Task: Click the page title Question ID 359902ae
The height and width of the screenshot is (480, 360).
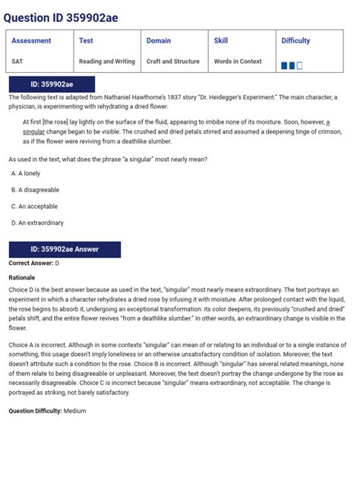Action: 61,17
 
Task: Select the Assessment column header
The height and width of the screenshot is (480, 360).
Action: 31,41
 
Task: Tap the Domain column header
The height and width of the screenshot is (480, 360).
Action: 159,41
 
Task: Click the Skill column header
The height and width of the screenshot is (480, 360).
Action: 221,41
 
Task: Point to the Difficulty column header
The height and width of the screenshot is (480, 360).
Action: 295,41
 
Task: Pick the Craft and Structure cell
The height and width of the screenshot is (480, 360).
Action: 173,62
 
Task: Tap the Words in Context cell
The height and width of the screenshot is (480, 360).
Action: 238,62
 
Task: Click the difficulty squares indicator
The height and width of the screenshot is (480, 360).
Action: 292,66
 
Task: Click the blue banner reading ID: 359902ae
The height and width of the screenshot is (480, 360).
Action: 52,84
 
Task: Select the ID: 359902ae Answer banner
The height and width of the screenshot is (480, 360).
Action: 65,249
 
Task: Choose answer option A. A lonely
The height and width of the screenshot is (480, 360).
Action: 26,174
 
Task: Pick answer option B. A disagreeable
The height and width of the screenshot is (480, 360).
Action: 35,190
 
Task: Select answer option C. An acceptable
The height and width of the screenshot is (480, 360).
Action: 34,206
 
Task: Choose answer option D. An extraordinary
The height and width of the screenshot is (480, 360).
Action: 37,223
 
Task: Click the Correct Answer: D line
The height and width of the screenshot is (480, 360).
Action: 34,264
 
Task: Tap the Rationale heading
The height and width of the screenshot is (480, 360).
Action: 22,277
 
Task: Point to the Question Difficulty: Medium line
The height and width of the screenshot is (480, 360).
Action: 47,411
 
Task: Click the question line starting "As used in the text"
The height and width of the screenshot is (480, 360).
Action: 108,159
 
